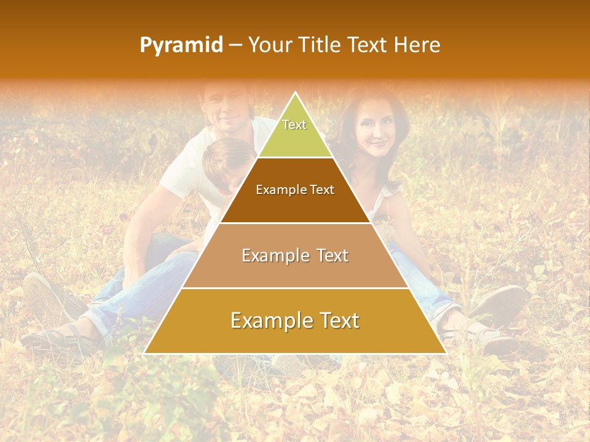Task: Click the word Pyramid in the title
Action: point(181,45)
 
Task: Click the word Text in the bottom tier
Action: point(335,320)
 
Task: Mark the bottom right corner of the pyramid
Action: point(446,353)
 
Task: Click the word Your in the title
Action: point(269,45)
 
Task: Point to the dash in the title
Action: point(235,45)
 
